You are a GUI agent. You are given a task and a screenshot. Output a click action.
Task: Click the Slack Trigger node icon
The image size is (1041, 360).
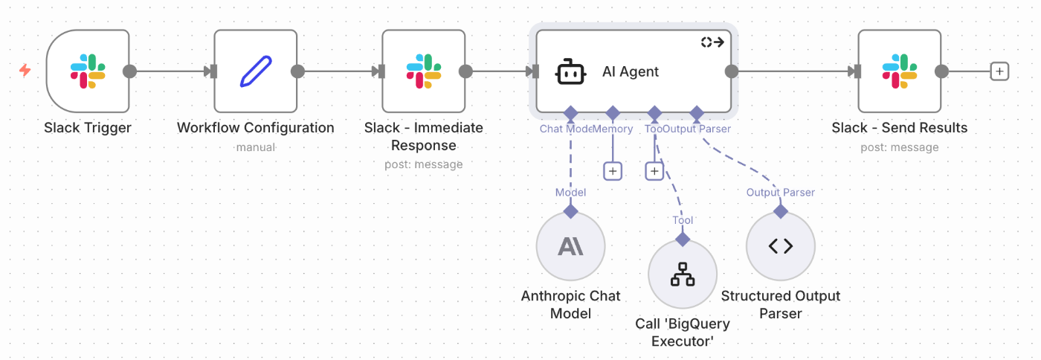[x=88, y=71]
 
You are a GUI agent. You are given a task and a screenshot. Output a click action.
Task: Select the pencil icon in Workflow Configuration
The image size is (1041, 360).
[x=256, y=71]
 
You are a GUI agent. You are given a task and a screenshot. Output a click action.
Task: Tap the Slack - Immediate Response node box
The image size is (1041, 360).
[x=423, y=71]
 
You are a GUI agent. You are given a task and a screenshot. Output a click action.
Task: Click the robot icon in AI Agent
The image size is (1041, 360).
[x=570, y=72]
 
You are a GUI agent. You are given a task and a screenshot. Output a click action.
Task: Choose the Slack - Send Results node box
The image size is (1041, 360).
[x=899, y=71]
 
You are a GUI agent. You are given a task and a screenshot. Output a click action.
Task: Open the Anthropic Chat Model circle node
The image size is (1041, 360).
[x=570, y=246]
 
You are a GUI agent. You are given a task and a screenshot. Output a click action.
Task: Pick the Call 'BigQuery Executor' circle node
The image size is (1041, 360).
[x=683, y=274]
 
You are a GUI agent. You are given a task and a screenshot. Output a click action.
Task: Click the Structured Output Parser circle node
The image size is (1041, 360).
[x=781, y=246]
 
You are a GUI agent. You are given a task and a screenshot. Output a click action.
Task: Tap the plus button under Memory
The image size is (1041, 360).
[x=613, y=171]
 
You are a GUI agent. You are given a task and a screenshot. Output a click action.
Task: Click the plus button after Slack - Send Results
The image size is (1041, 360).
[x=1000, y=71]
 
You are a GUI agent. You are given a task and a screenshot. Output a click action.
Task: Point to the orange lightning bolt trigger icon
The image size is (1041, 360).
[x=25, y=71]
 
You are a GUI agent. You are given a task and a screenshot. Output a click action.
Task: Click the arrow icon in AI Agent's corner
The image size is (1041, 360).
[x=712, y=42]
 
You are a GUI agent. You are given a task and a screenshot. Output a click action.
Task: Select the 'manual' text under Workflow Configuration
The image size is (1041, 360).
[x=256, y=147]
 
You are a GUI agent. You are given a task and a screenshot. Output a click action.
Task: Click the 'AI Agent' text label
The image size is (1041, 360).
[x=631, y=72]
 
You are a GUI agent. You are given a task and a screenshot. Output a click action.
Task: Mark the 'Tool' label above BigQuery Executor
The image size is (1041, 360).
[x=683, y=220]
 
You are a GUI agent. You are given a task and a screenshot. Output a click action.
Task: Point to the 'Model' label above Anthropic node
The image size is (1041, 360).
[x=570, y=193]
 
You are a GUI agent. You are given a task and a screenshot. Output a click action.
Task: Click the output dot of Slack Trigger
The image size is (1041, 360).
[x=129, y=71]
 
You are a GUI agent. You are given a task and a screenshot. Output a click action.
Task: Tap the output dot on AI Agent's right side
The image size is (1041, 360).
[x=732, y=71]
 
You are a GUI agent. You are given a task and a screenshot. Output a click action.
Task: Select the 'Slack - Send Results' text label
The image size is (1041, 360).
[x=900, y=128]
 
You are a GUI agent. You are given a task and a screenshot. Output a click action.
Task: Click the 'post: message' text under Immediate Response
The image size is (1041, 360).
[x=424, y=164]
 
